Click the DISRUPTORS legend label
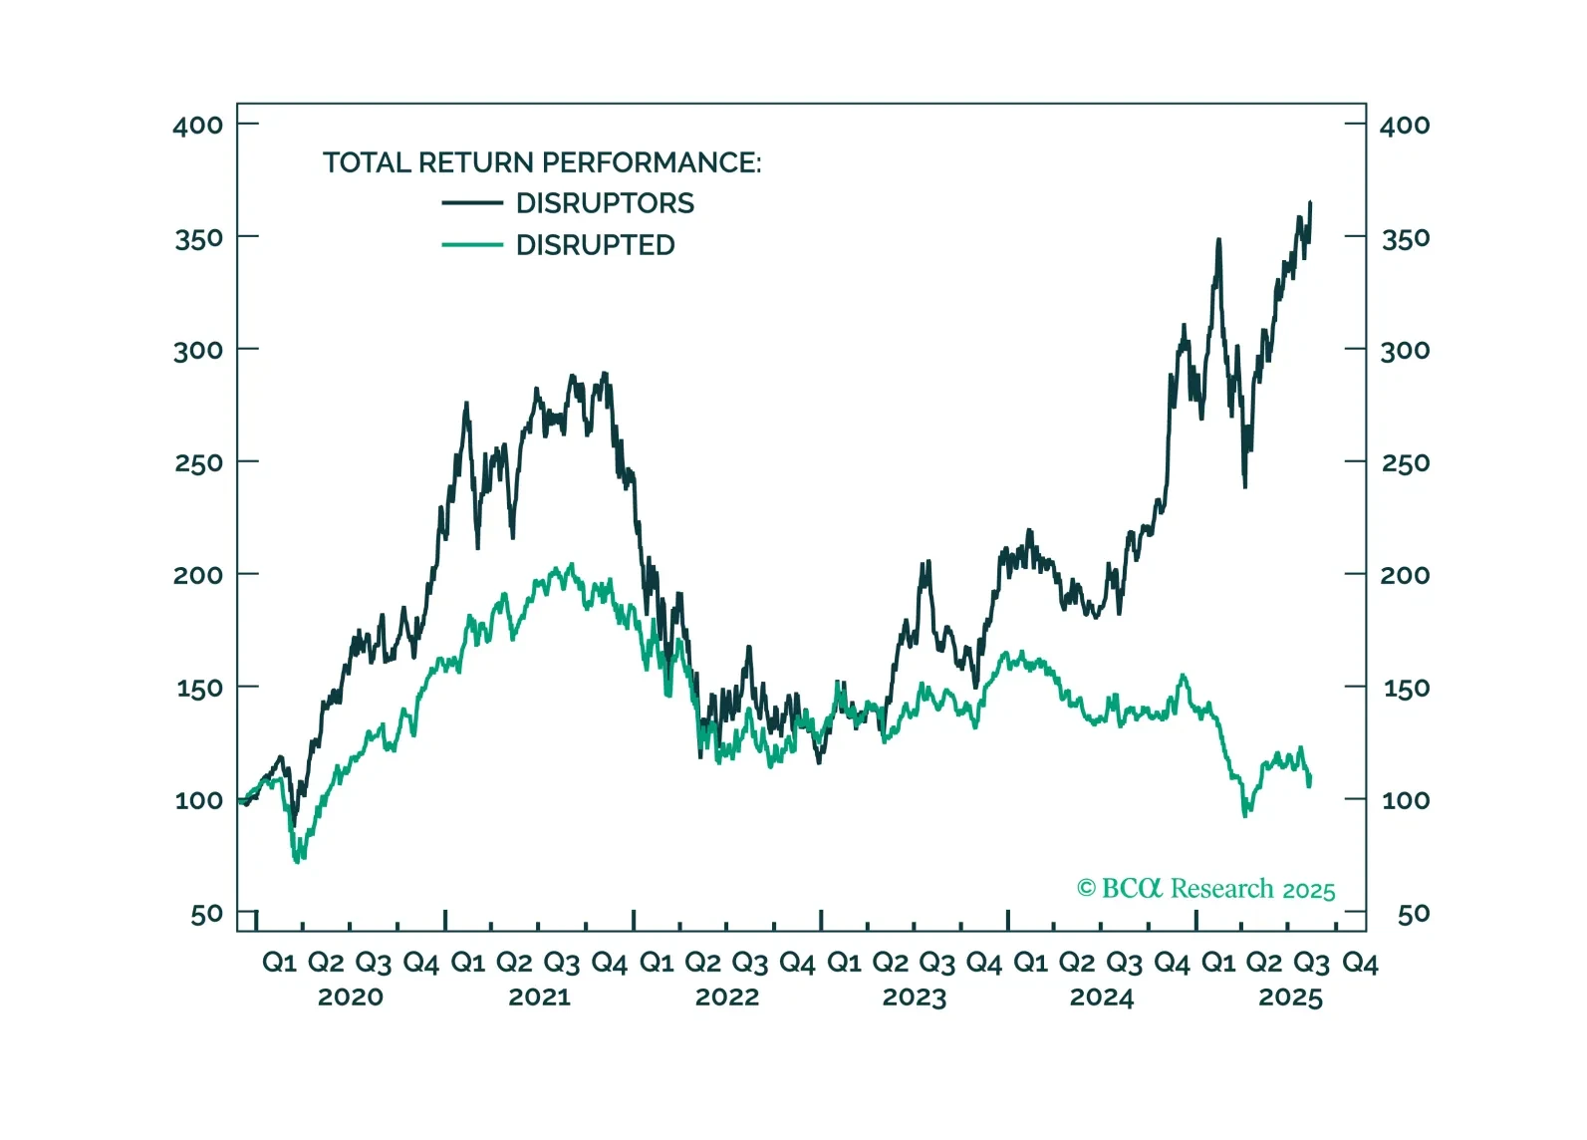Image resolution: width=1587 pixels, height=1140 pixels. (605, 203)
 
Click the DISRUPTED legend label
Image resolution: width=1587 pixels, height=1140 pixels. (595, 245)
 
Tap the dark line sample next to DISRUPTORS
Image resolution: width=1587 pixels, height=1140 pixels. (472, 203)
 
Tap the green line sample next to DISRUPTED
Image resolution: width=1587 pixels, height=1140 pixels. (472, 245)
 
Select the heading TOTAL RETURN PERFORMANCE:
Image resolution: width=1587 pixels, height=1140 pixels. (541, 162)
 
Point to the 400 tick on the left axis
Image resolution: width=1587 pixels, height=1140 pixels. (198, 126)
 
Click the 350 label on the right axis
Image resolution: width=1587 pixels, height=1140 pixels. (1405, 238)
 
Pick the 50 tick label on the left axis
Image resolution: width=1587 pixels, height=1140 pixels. (206, 914)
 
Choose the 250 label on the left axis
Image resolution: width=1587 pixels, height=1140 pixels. (198, 463)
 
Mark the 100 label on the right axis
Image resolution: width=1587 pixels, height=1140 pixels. (1405, 800)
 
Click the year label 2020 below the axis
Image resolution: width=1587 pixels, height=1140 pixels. (350, 997)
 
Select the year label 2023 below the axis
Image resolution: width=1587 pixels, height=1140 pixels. (914, 997)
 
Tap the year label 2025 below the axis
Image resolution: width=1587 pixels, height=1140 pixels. (1290, 997)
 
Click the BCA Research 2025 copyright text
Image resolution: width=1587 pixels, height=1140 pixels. (1205, 889)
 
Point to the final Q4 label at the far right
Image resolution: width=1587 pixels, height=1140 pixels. (1360, 963)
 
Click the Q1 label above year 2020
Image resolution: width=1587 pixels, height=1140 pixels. (279, 963)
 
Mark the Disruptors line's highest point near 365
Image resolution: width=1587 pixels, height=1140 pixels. (1310, 203)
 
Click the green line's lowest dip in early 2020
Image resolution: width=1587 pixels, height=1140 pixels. (297, 860)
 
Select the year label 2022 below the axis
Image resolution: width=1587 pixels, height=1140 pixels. (726, 997)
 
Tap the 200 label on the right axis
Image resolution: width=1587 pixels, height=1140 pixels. (1405, 575)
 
